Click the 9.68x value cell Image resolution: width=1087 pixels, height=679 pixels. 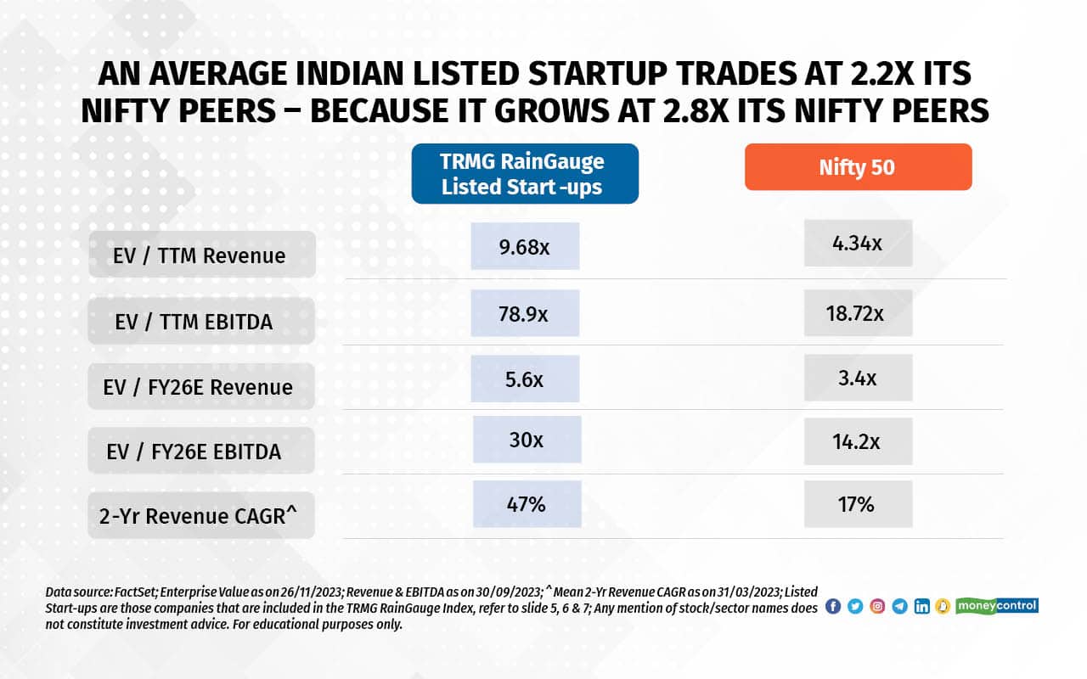tap(525, 247)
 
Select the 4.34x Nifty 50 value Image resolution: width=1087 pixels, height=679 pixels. tap(858, 244)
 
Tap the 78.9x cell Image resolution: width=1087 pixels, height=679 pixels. tap(525, 313)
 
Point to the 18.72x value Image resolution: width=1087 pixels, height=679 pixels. tap(858, 313)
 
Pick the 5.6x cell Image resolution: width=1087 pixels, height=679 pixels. tap(525, 379)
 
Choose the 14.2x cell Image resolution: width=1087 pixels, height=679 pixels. tap(858, 441)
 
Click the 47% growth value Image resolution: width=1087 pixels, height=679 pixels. tap(527, 504)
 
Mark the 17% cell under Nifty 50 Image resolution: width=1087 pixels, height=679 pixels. tap(858, 504)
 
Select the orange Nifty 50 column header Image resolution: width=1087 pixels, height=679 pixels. tap(858, 167)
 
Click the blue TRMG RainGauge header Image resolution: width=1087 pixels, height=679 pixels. tap(524, 174)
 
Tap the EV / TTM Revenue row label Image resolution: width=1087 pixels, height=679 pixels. tap(200, 255)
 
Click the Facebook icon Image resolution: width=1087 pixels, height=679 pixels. tap(833, 607)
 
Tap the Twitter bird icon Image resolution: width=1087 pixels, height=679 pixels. tap(855, 607)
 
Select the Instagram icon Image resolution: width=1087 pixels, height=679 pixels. tap(877, 607)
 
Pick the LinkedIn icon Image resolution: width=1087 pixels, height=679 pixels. tap(921, 607)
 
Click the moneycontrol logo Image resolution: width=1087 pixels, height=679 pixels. tap(997, 606)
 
